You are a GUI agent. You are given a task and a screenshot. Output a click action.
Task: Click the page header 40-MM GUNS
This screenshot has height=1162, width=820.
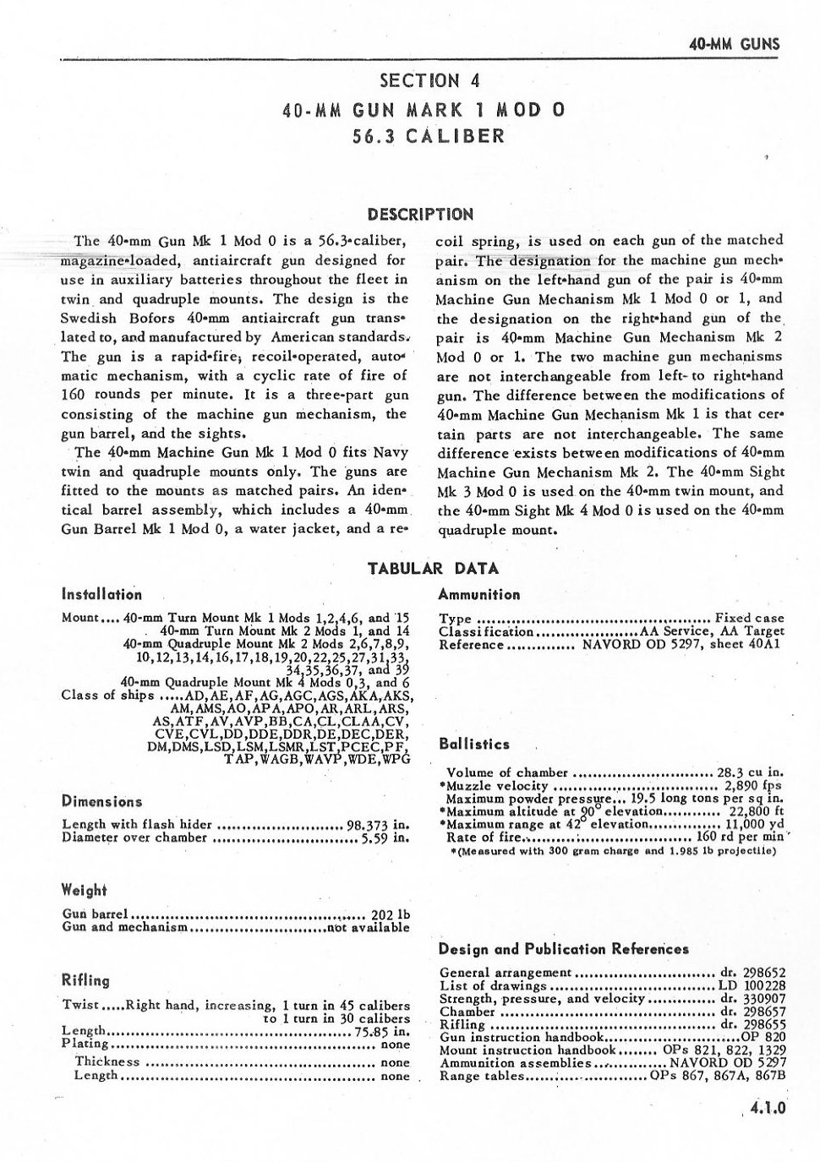click(734, 45)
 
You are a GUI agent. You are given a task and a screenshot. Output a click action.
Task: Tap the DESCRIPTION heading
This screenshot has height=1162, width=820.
click(421, 214)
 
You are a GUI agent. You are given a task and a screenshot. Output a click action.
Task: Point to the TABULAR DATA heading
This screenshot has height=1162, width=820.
click(433, 568)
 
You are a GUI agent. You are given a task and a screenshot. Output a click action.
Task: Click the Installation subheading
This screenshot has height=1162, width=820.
click(101, 594)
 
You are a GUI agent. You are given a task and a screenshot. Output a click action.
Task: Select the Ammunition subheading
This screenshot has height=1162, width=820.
click(479, 594)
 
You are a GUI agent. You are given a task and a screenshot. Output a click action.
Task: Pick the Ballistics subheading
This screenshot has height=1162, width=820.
click(474, 745)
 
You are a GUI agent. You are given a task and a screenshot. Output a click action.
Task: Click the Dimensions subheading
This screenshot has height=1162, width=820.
click(101, 802)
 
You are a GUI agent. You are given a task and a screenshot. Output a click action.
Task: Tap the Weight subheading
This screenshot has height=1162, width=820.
click(85, 890)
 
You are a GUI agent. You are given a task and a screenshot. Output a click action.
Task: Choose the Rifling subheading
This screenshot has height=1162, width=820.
click(86, 980)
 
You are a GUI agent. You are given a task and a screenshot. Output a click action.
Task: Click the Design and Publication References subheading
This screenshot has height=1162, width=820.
click(564, 949)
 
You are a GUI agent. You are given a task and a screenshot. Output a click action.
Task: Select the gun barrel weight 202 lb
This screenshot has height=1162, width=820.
click(391, 914)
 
